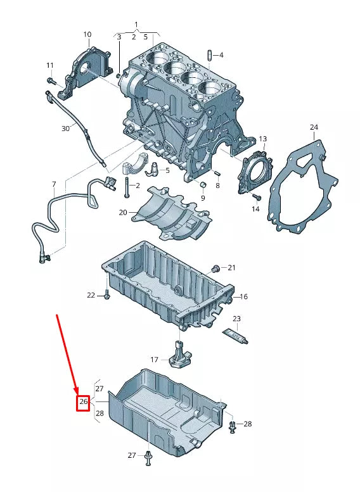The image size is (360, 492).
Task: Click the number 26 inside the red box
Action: pyautogui.click(x=83, y=402)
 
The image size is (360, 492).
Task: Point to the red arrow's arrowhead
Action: pyautogui.click(x=77, y=391)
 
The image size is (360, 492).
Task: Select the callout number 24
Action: pyautogui.click(x=313, y=128)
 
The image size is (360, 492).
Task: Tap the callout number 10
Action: pyautogui.click(x=87, y=34)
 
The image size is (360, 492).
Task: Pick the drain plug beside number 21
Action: pyautogui.click(x=215, y=268)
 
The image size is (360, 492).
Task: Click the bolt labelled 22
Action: pyautogui.click(x=106, y=295)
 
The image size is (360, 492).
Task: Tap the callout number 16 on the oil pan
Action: pyautogui.click(x=243, y=296)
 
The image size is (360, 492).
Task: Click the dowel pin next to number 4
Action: pyautogui.click(x=209, y=54)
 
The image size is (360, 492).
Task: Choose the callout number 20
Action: pyautogui.click(x=123, y=213)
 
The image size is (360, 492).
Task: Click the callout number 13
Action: pyautogui.click(x=263, y=139)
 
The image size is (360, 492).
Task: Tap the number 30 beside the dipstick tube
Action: pyautogui.click(x=65, y=129)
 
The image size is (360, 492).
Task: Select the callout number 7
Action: pyautogui.click(x=54, y=184)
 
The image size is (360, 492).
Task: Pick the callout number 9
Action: pyautogui.click(x=203, y=198)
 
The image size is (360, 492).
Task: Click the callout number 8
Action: pyautogui.click(x=217, y=186)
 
